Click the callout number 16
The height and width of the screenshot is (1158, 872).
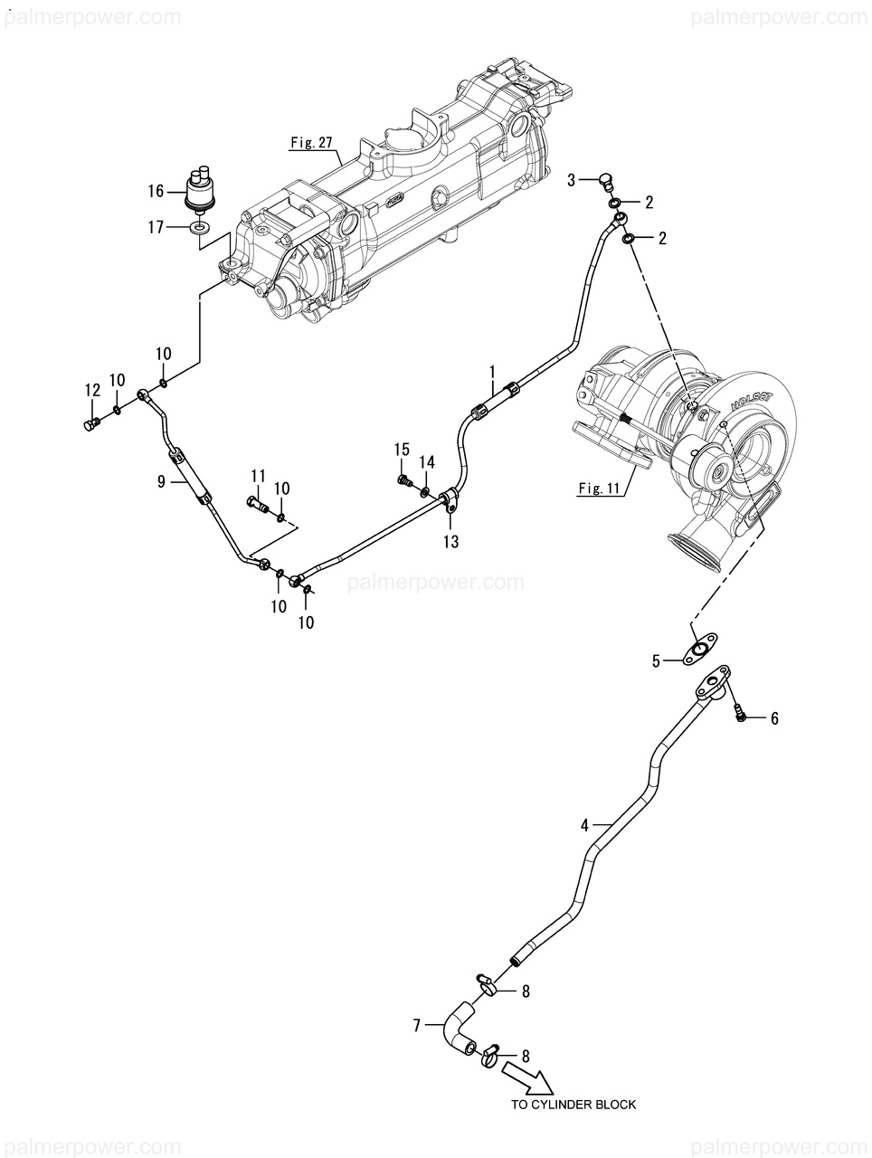pos(156,191)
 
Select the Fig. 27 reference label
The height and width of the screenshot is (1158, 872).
pos(311,143)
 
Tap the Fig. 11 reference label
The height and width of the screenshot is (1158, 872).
pos(599,488)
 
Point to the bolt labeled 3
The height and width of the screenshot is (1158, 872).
pos(607,183)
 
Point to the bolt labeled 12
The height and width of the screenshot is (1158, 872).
pos(91,423)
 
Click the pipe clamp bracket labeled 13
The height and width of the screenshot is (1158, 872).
pos(449,500)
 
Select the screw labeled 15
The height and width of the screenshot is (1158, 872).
pos(403,480)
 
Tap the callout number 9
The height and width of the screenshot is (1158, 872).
pos(161,481)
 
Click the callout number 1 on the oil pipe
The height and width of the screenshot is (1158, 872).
pos(492,373)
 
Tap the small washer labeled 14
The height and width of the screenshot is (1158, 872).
pos(424,492)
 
